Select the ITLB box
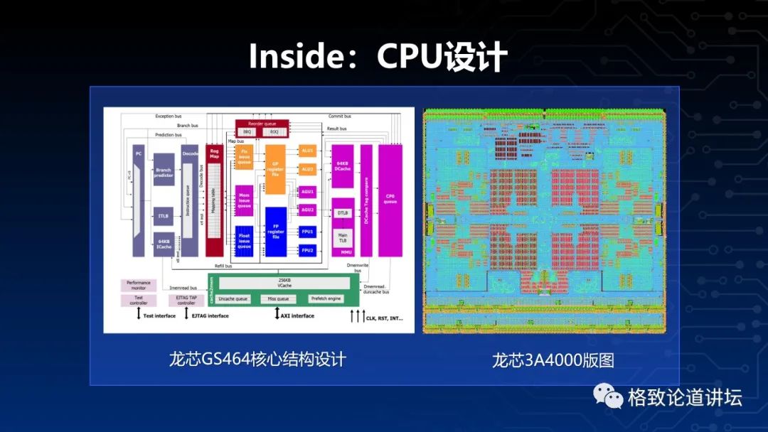pyautogui.click(x=164, y=216)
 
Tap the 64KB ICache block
pyautogui.click(x=164, y=244)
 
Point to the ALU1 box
pyautogui.click(x=307, y=151)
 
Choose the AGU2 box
pyautogui.click(x=307, y=210)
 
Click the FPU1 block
pyautogui.click(x=307, y=232)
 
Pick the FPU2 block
pyautogui.click(x=307, y=250)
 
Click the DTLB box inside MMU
pyautogui.click(x=342, y=212)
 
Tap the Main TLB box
pyautogui.click(x=342, y=237)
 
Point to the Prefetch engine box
pyautogui.click(x=326, y=298)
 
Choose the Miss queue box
pyautogui.click(x=278, y=298)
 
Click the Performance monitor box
pyautogui.click(x=139, y=285)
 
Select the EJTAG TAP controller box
pyautogui.click(x=186, y=300)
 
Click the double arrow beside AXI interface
pyautogui.click(x=277, y=314)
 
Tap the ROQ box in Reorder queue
pyautogui.click(x=274, y=131)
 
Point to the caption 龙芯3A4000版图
pyautogui.click(x=553, y=360)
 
